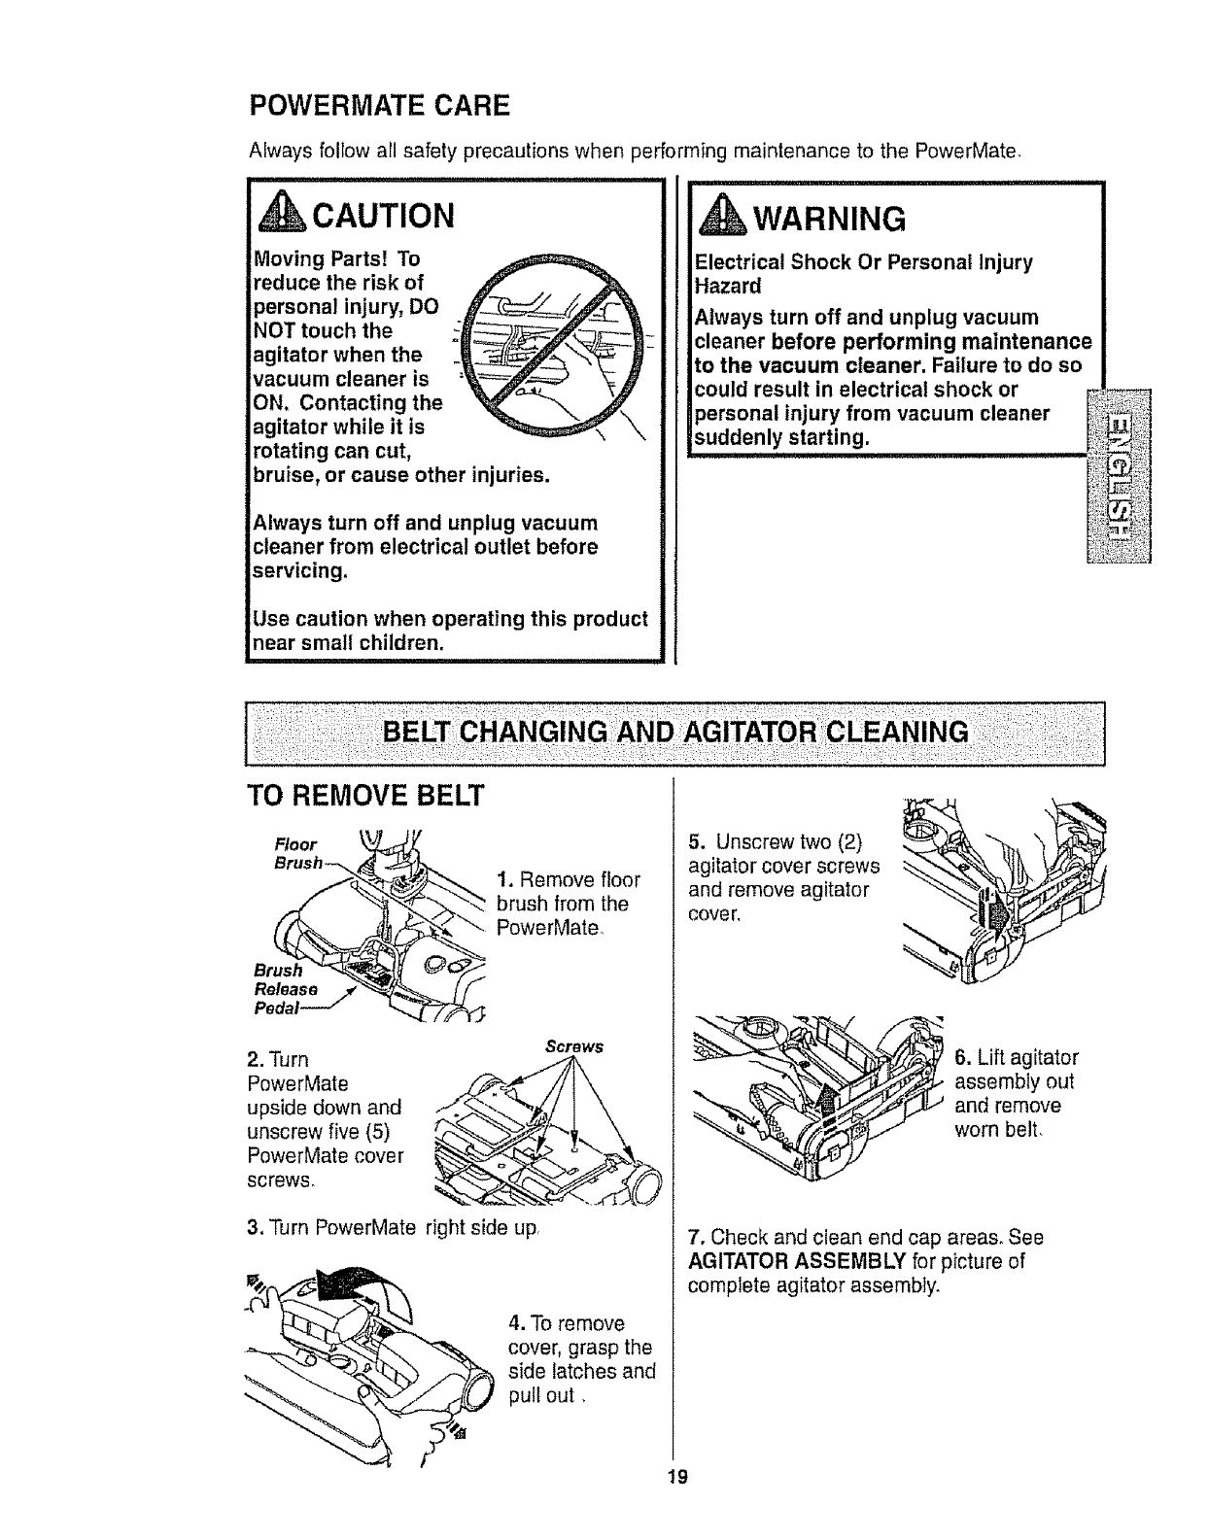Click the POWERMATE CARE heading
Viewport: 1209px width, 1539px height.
click(x=380, y=103)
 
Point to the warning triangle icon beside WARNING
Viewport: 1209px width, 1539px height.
click(x=719, y=218)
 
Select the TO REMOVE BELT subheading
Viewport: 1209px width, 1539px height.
click(x=365, y=795)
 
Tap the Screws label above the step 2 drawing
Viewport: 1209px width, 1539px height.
click(x=574, y=1046)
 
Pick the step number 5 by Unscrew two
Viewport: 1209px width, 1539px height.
click(x=694, y=841)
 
